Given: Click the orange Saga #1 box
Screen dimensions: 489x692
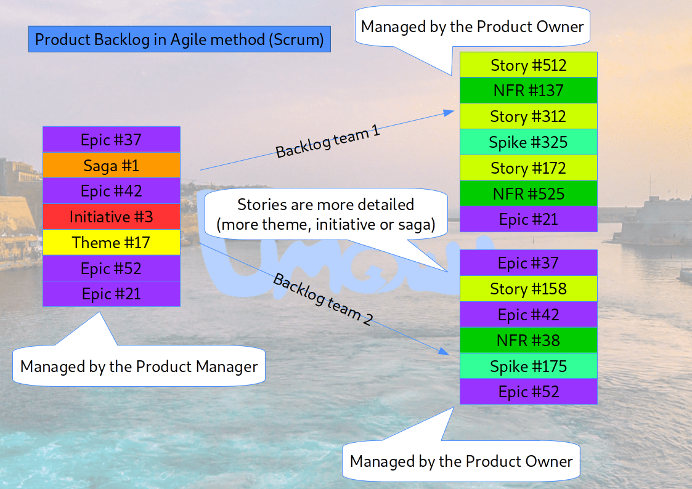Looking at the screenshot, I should coord(111,165).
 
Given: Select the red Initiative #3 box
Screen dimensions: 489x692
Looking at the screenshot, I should coord(111,217).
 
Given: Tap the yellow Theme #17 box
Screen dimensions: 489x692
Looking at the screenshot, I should coord(111,243).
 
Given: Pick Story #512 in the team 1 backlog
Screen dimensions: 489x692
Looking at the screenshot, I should coord(528,65).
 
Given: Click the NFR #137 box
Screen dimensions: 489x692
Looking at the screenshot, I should coord(528,91).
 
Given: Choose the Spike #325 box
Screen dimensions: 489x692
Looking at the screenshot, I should coord(528,142).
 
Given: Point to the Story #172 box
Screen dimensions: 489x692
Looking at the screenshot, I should coord(528,168).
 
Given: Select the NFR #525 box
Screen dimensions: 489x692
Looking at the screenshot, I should coord(528,194).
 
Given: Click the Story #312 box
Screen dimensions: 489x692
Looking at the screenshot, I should coord(528,116).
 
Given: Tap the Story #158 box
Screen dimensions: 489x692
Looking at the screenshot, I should coord(528,289).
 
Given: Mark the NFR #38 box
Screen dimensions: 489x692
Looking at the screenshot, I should coord(528,341).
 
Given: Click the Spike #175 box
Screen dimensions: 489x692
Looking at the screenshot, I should coord(528,366).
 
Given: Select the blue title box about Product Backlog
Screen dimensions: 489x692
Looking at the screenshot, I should coord(179,40).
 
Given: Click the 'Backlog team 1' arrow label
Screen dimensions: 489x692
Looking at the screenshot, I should coord(327,142).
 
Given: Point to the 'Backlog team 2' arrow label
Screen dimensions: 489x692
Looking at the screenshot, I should coord(322,300).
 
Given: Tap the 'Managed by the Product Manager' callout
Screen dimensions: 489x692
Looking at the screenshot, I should coord(139,367).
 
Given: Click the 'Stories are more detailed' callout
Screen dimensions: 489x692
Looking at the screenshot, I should coord(325,215).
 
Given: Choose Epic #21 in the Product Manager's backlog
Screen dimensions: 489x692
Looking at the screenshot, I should coord(111,294).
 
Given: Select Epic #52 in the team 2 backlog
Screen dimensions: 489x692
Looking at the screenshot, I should coord(528,392).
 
